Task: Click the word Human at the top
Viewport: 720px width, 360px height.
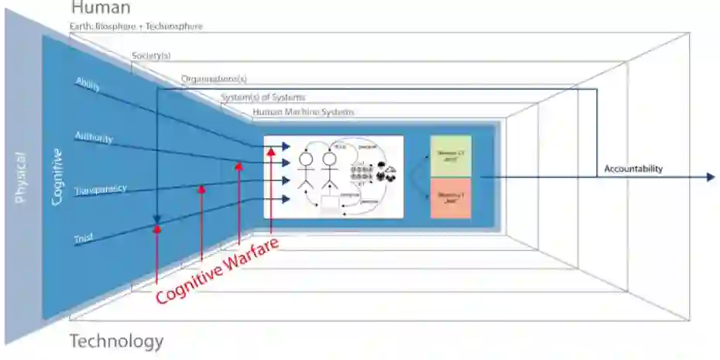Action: (101, 9)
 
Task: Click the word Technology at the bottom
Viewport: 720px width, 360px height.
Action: (117, 341)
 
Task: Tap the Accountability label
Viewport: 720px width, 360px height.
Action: (634, 169)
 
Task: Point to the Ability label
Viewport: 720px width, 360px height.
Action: (87, 84)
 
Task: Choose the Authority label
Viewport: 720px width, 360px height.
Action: (93, 138)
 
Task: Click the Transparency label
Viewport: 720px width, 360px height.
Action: (101, 189)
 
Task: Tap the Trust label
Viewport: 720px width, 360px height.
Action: (84, 240)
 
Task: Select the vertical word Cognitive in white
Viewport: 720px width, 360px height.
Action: (57, 177)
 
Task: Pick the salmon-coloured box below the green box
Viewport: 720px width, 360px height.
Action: (451, 197)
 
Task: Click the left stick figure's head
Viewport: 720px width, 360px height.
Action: (305, 158)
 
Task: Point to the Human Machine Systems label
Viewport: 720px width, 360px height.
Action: (303, 112)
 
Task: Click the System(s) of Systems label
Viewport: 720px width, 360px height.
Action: (263, 98)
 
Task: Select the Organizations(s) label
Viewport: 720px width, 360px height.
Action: (214, 79)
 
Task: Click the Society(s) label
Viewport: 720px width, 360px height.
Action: (151, 57)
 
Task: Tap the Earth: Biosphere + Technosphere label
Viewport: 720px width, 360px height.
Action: (136, 26)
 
